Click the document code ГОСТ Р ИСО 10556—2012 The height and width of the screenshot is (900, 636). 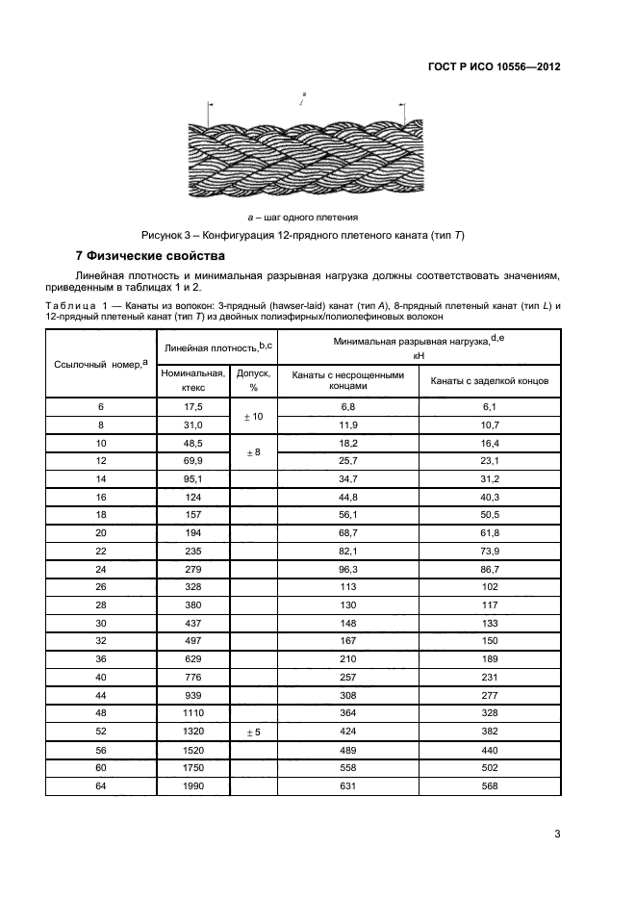494,67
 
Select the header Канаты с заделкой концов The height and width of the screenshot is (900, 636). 489,380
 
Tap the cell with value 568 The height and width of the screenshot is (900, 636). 490,786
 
